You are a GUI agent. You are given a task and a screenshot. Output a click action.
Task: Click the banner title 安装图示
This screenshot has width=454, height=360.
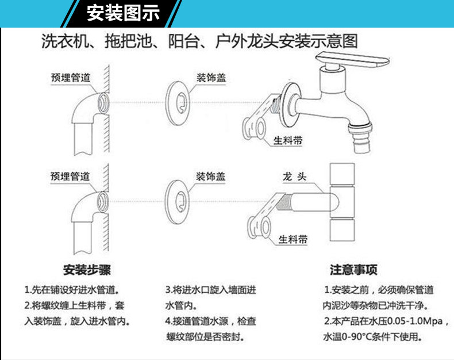[123, 13]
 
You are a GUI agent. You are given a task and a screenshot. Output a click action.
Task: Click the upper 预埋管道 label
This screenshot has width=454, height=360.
[71, 78]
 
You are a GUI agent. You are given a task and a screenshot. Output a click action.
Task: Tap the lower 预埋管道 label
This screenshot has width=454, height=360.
[70, 176]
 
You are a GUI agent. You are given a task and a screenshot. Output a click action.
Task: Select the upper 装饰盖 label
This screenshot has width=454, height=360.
[211, 78]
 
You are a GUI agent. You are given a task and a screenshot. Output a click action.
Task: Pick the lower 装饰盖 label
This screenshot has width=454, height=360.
[211, 176]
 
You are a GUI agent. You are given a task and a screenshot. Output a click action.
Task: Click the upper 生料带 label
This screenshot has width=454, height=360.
[288, 140]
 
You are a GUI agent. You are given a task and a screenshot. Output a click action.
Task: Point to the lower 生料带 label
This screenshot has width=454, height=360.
[293, 239]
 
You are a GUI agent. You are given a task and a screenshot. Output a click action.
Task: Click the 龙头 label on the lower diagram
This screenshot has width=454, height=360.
[294, 176]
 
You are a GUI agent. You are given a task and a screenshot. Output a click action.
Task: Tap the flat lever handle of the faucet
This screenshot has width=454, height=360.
[352, 59]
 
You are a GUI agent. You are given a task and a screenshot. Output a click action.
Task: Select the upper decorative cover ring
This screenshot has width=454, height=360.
[177, 104]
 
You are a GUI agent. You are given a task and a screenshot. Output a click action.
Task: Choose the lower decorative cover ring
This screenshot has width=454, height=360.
[177, 202]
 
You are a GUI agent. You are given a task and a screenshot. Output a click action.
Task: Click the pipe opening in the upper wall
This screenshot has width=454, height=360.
[103, 103]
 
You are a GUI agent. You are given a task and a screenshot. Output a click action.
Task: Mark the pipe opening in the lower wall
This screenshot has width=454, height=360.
[103, 202]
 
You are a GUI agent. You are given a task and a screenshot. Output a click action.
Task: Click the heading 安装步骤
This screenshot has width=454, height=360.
[87, 270]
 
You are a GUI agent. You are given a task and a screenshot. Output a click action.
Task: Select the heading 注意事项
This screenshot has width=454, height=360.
[353, 270]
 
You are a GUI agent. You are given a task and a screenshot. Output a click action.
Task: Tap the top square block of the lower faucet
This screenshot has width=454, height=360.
[343, 174]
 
